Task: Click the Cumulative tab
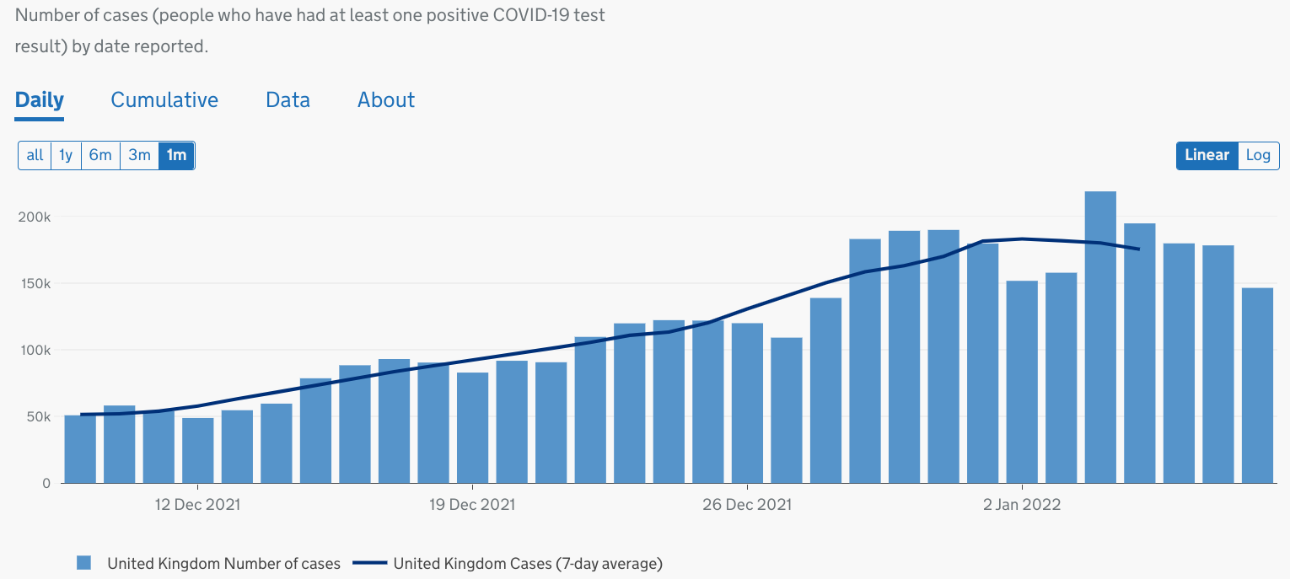click(164, 100)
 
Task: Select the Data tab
click(288, 100)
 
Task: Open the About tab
click(386, 100)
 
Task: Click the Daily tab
click(40, 100)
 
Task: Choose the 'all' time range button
click(35, 155)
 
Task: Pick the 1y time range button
click(66, 155)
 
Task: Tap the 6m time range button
click(100, 155)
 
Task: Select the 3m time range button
click(139, 155)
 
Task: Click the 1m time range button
click(176, 155)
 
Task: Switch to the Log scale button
click(1258, 155)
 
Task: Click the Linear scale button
click(1207, 155)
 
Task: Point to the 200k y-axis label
click(35, 217)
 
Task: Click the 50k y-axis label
click(37, 417)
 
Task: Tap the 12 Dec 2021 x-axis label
click(197, 505)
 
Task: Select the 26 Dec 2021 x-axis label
click(748, 505)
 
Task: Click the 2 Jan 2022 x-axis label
click(1022, 505)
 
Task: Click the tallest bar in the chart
click(1100, 337)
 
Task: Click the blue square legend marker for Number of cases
click(83, 563)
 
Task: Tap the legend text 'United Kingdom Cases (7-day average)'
click(528, 563)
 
